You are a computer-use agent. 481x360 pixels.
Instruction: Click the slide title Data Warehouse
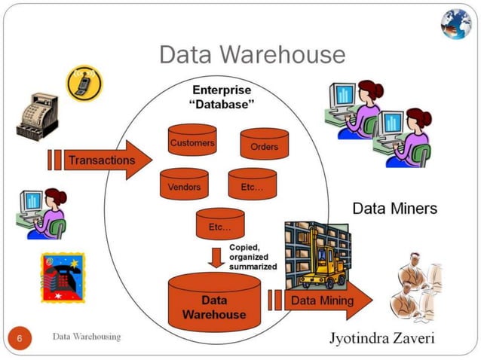[252, 54]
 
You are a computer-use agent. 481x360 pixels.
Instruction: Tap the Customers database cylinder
[191, 141]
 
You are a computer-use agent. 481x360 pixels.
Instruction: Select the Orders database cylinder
[264, 145]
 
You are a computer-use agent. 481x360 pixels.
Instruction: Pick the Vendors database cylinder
[184, 185]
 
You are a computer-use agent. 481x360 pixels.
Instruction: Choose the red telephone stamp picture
[63, 277]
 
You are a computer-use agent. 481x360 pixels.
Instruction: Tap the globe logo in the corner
[455, 23]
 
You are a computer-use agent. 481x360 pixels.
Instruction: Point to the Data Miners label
[394, 208]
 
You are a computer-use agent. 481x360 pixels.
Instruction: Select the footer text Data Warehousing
[86, 336]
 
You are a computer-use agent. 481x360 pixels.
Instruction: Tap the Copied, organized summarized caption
[253, 258]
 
